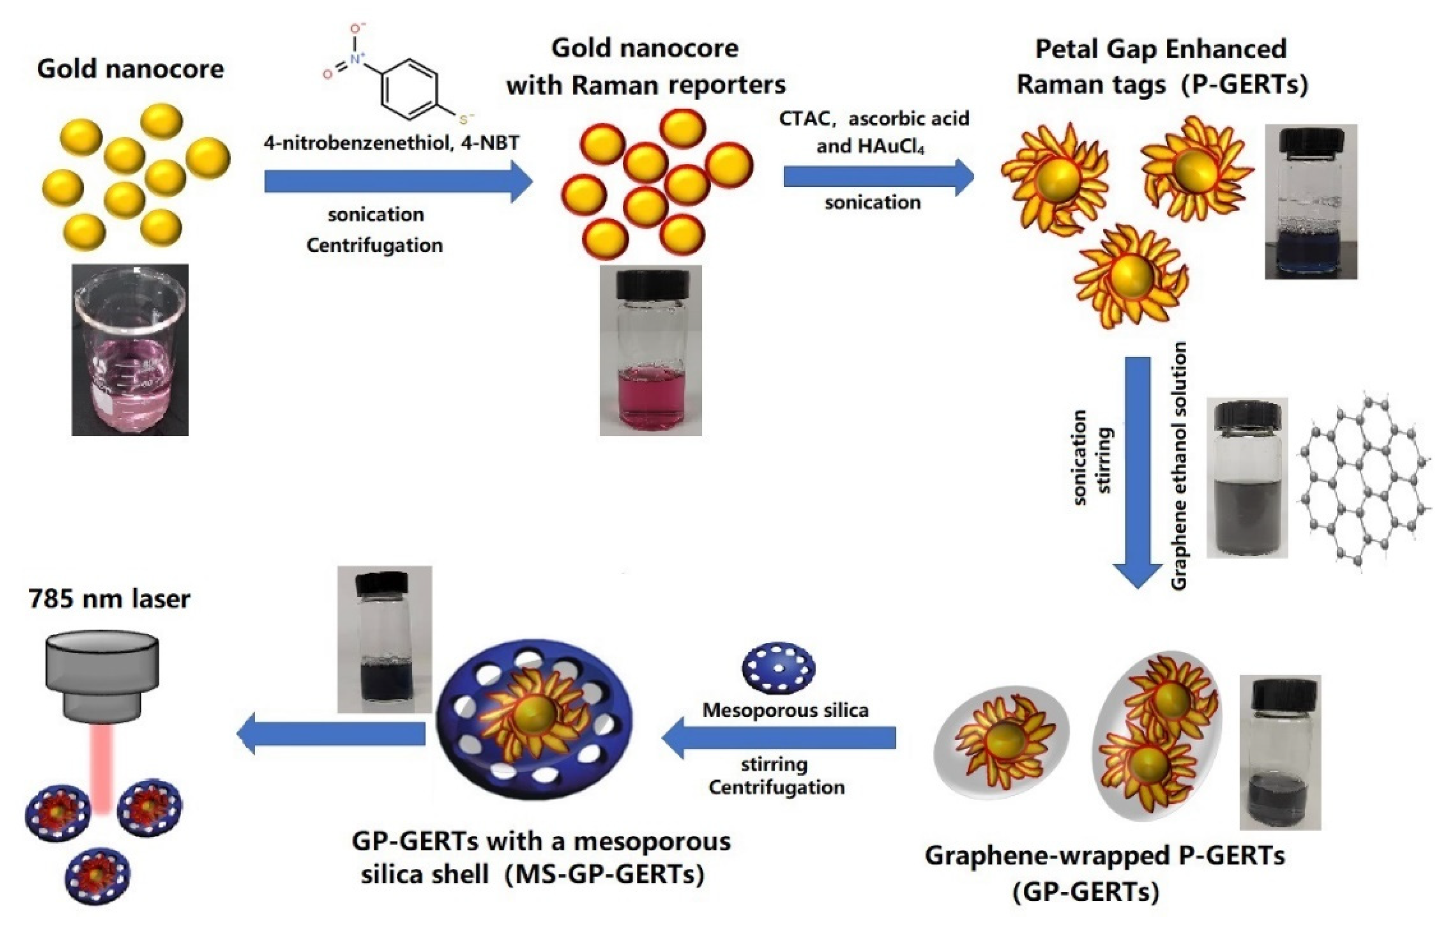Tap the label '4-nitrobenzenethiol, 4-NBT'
click(x=392, y=143)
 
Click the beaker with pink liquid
click(x=130, y=350)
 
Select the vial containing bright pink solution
click(x=651, y=350)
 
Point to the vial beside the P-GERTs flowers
click(x=1311, y=202)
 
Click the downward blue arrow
click(x=1137, y=470)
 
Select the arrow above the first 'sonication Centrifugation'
click(x=398, y=181)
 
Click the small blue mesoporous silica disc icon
click(x=778, y=668)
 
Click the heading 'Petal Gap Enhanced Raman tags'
click(x=1162, y=66)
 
